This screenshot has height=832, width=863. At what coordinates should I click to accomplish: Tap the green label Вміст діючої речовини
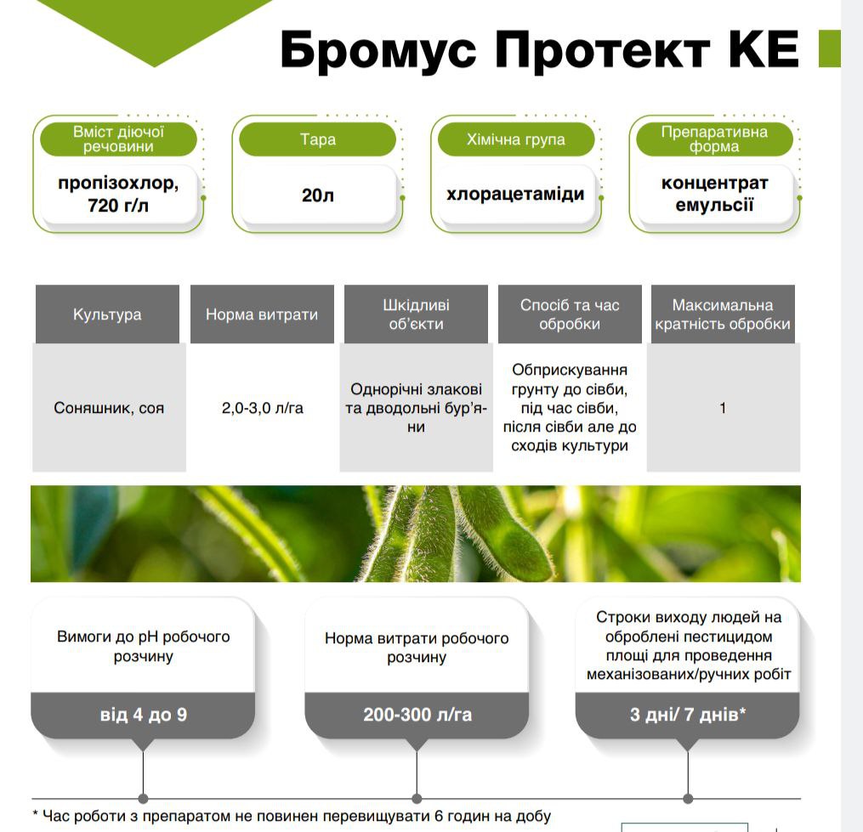coord(118,139)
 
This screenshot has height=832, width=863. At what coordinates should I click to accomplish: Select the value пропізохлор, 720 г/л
coord(118,194)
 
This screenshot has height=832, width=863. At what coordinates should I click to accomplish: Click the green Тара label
coord(318,139)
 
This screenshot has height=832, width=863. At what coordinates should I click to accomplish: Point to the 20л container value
coord(318,195)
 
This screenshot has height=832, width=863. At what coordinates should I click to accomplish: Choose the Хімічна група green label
coord(516,139)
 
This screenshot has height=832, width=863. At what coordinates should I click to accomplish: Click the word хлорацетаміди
coord(516,195)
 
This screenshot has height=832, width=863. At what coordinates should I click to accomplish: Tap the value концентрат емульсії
coord(714,194)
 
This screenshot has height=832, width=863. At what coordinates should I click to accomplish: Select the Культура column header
coord(107,314)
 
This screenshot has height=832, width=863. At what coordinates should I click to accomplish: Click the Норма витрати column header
coord(262,314)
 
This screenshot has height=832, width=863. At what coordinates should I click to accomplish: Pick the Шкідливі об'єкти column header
coord(416,314)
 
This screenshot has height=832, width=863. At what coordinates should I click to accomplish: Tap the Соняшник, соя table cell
coord(109,408)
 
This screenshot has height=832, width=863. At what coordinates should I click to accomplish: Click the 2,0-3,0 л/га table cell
coord(263,408)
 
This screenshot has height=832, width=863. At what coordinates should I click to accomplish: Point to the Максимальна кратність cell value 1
coord(723,408)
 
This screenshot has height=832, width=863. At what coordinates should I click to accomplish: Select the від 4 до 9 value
coord(143,715)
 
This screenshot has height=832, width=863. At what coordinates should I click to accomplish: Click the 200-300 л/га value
coord(417,715)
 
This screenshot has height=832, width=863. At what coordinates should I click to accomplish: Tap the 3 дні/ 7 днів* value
coord(688,715)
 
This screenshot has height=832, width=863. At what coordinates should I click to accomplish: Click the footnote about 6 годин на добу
coord(292,816)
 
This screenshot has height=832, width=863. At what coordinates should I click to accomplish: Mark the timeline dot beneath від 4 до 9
coord(143,799)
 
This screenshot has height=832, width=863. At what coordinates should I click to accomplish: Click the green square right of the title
coord(830,49)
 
